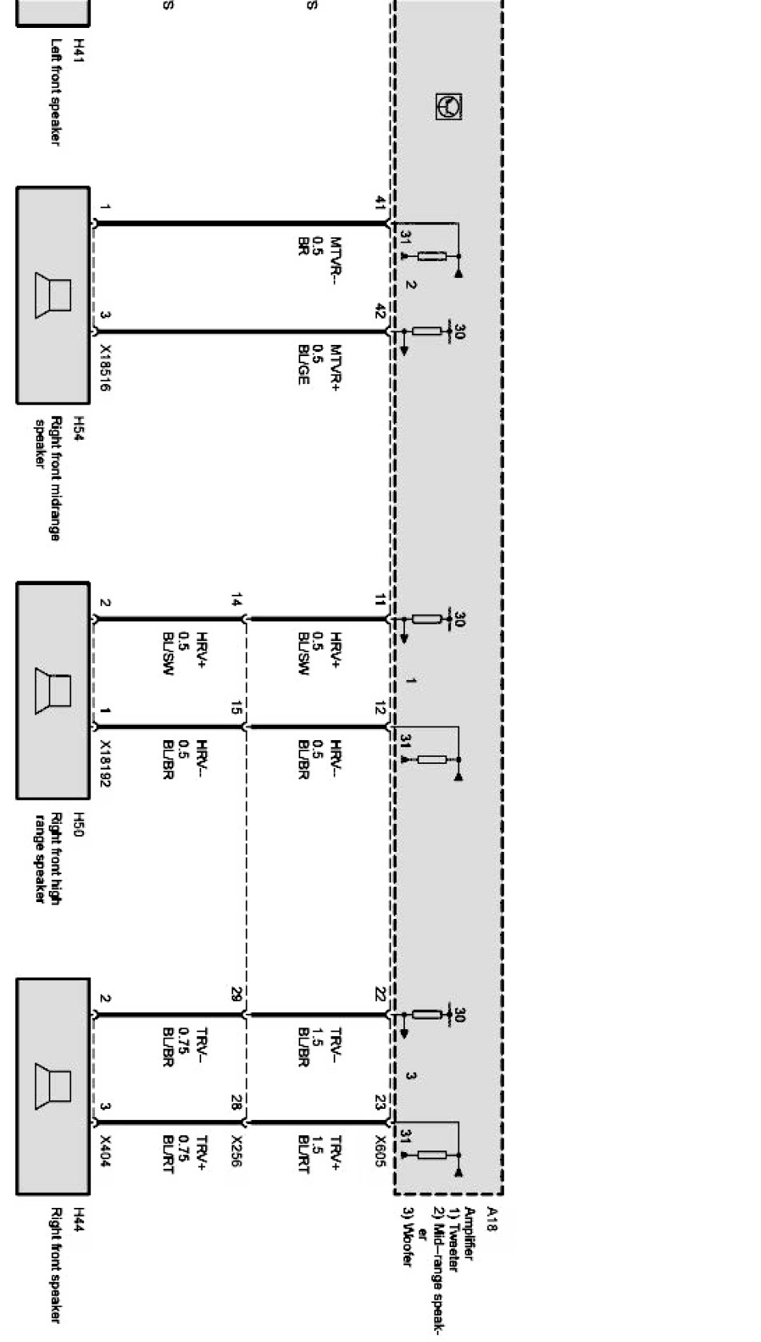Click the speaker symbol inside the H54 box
(x=53, y=295)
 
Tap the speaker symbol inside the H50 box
(x=53, y=691)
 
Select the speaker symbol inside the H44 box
(x=53, y=1087)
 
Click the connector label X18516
(x=105, y=367)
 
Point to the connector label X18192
(x=105, y=762)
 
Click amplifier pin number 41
(x=381, y=204)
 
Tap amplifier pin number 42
(x=381, y=312)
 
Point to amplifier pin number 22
(x=381, y=995)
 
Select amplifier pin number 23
(x=381, y=1102)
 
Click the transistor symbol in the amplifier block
(x=450, y=106)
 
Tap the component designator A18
(x=492, y=1219)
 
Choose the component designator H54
(x=79, y=428)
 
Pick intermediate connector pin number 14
(x=236, y=600)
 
